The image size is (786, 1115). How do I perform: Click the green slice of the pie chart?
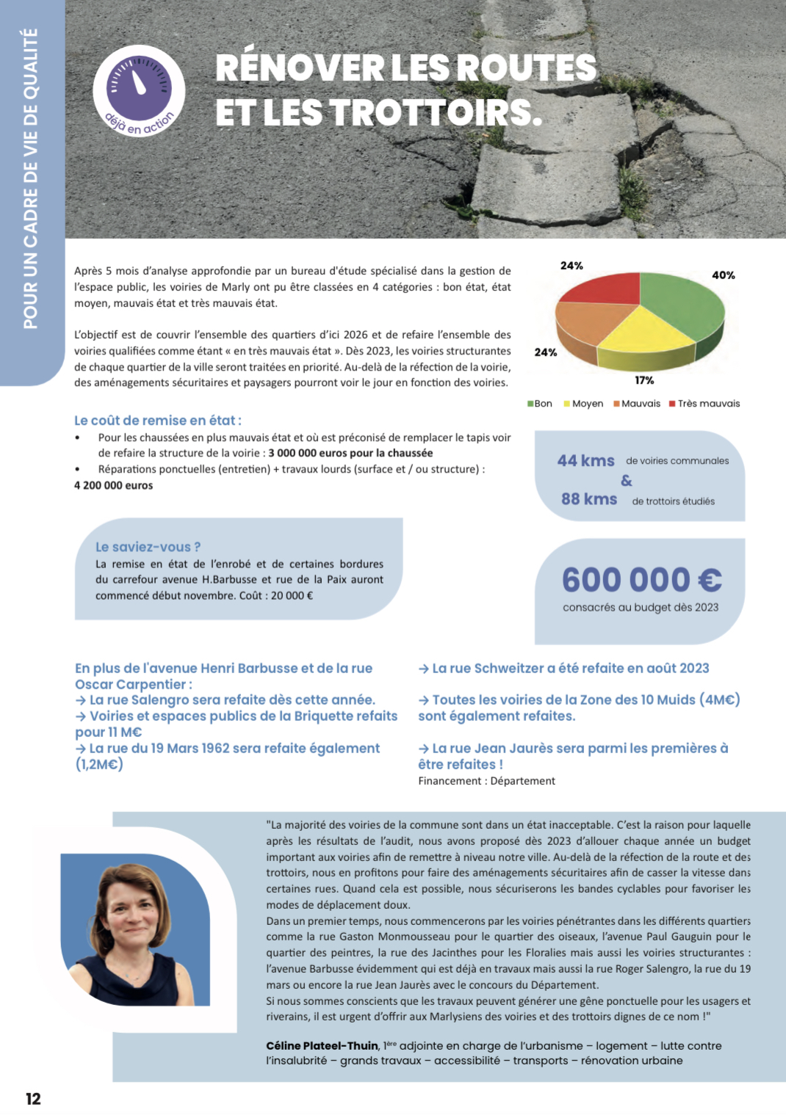[x=683, y=308]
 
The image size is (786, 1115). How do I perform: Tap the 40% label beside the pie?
[x=723, y=275]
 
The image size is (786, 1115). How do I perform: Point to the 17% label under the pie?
[x=644, y=380]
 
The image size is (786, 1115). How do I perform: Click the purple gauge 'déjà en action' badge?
[x=139, y=91]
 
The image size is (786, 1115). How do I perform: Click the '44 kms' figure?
[x=585, y=461]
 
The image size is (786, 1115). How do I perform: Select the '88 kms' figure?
[x=589, y=499]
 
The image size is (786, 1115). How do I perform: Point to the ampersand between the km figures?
[x=626, y=481]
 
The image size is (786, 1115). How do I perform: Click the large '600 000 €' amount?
[x=641, y=580]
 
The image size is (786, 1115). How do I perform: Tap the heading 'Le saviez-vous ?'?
[x=148, y=547]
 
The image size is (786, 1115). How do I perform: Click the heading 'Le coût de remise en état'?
[x=157, y=421]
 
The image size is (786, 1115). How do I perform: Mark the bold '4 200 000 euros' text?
[x=114, y=485]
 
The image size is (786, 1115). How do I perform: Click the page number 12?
[x=33, y=1099]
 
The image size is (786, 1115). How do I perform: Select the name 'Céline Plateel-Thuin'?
[x=322, y=1046]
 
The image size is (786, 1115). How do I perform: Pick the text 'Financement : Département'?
[x=486, y=781]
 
